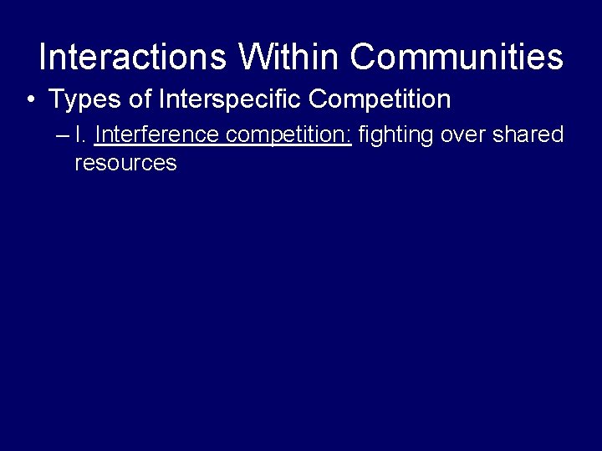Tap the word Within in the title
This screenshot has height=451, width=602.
coord(289,58)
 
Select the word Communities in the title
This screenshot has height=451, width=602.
coord(457,58)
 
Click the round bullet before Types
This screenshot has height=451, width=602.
coord(30,100)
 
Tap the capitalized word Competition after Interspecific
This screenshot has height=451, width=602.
coord(380,100)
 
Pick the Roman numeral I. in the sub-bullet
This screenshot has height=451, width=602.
coord(80,134)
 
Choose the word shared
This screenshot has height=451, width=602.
coord(529,134)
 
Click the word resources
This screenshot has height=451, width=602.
coord(125,163)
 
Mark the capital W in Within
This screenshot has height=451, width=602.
coord(254,58)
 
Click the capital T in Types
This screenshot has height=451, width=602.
coord(57,100)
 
